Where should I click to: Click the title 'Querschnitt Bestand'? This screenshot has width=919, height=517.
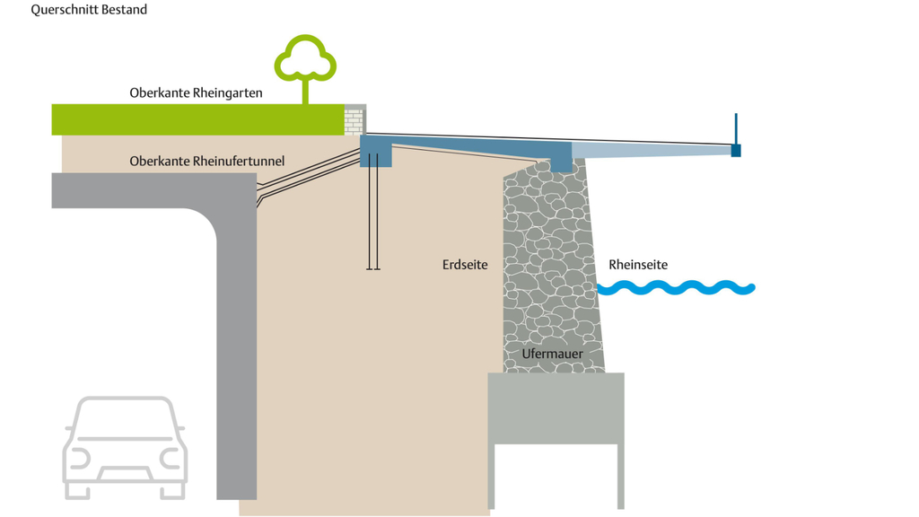[89, 10]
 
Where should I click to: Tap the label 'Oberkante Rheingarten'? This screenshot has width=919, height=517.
[196, 92]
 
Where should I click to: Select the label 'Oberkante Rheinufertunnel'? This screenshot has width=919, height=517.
[206, 161]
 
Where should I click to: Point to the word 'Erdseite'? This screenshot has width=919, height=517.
[465, 265]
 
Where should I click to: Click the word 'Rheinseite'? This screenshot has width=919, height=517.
[638, 265]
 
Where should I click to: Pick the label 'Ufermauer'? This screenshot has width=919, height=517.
[552, 354]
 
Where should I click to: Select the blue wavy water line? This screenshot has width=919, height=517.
[677, 288]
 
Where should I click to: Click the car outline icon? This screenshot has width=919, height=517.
[125, 446]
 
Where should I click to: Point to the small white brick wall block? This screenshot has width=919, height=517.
[354, 120]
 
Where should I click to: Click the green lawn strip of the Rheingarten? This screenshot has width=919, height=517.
[197, 119]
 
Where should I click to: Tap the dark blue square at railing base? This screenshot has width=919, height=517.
[736, 151]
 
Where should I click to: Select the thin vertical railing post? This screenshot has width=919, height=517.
[736, 128]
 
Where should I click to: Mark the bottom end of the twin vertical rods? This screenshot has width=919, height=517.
[373, 268]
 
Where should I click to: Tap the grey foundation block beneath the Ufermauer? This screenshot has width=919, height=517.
[556, 408]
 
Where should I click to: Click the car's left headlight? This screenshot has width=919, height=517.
[79, 459]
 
